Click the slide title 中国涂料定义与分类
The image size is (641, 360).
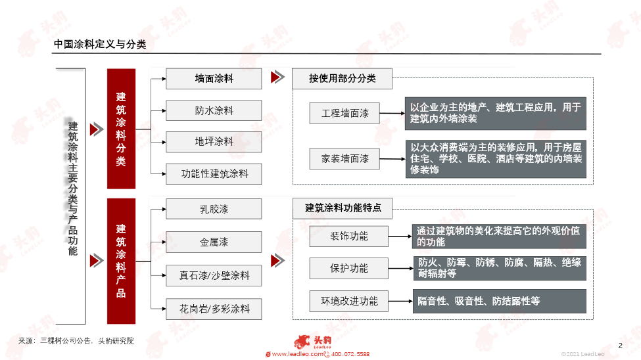pyautogui.click(x=100, y=44)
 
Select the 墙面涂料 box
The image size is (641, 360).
pyautogui.click(x=214, y=78)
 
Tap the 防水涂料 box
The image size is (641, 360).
pyautogui.click(x=214, y=110)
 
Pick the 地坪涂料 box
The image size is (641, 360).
pyautogui.click(x=214, y=142)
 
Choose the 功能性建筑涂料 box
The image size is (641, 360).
pyautogui.click(x=214, y=173)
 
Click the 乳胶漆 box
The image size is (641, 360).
pyautogui.click(x=214, y=209)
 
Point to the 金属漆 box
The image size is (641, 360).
pyautogui.click(x=214, y=242)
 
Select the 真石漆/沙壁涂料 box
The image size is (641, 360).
pyautogui.click(x=214, y=275)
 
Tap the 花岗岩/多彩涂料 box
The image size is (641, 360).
pyautogui.click(x=214, y=309)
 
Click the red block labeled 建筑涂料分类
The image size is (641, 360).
pyautogui.click(x=121, y=129)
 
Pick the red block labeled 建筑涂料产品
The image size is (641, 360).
pyautogui.click(x=121, y=261)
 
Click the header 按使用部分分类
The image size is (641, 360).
pyautogui.click(x=342, y=78)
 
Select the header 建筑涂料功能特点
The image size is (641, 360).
pyautogui.click(x=343, y=208)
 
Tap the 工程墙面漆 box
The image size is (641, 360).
pyautogui.click(x=344, y=113)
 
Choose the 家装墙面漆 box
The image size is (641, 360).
pyautogui.click(x=344, y=158)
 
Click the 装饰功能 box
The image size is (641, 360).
pyautogui.click(x=348, y=236)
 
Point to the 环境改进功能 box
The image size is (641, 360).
pyautogui.click(x=348, y=301)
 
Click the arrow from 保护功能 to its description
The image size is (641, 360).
pyautogui.click(x=400, y=269)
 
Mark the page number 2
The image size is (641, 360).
pyautogui.click(x=620, y=346)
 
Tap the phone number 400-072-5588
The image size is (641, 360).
pyautogui.click(x=350, y=354)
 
